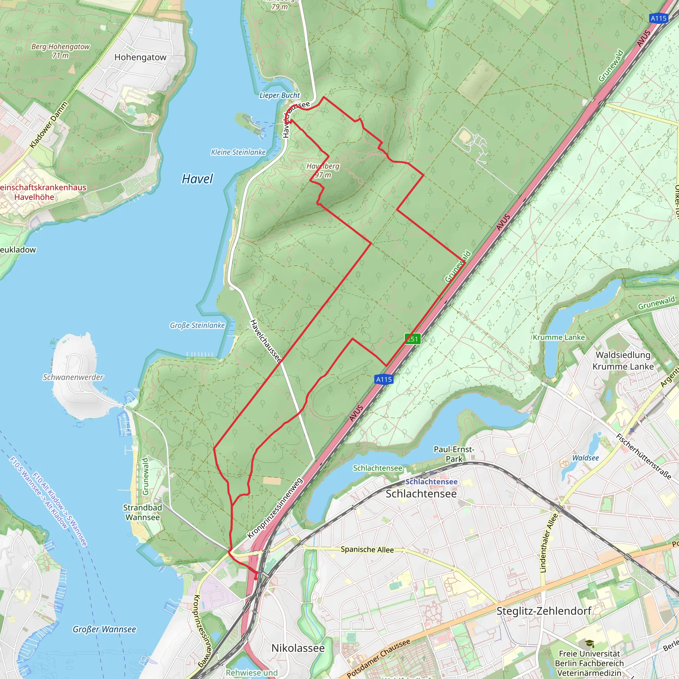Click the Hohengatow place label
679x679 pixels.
click(140, 57)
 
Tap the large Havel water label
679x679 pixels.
click(197, 179)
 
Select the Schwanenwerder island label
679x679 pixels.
click(73, 377)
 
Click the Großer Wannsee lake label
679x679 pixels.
click(104, 629)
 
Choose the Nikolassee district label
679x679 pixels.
click(298, 648)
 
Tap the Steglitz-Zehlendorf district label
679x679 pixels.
click(544, 611)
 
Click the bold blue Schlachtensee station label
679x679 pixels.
click(431, 481)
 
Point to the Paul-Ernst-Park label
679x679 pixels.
click(454, 454)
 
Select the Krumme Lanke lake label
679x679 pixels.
click(559, 338)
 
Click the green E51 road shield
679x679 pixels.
click(412, 339)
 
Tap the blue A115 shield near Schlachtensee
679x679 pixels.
click(384, 379)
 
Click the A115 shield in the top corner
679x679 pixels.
click(658, 18)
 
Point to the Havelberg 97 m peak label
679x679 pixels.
click(323, 170)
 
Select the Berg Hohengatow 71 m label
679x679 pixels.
click(60, 51)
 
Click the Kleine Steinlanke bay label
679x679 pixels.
click(238, 152)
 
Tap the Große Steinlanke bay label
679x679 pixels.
click(197, 326)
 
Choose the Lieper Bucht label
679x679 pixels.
click(279, 95)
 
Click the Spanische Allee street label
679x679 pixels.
click(367, 549)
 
